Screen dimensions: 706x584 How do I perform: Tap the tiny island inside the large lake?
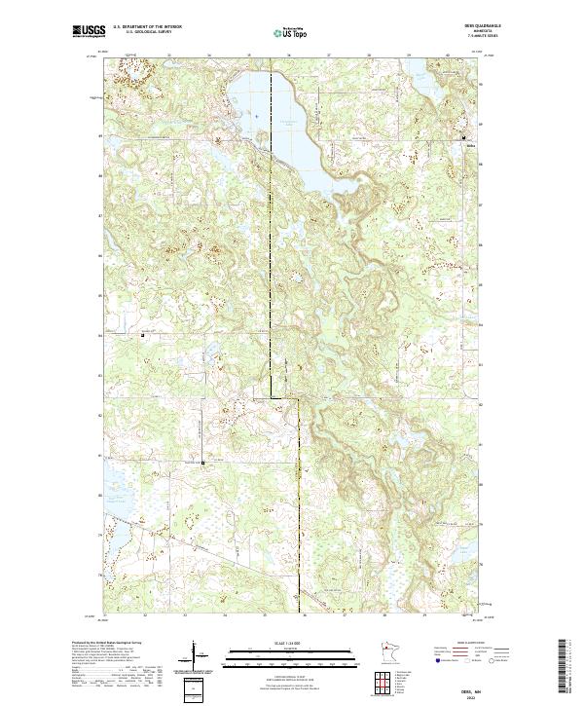(254, 115)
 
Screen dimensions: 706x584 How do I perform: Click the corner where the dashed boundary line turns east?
(271, 395)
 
